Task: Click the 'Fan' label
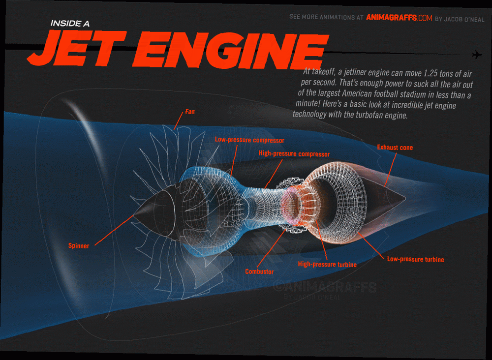coord(190,111)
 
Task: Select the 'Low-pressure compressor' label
coord(249,140)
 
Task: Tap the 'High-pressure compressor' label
coord(294,153)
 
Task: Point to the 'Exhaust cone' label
coord(395,148)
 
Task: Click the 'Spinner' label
coord(79,245)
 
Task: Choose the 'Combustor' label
coord(259,271)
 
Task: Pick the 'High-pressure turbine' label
coord(327,265)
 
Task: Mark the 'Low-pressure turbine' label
coord(415,259)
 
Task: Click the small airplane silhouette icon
coord(477,55)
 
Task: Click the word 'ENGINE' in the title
coord(231,50)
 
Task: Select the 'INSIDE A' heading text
coord(70,24)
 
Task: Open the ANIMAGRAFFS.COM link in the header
coord(399,18)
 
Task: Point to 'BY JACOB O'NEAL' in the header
coord(460,19)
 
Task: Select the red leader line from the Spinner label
coord(114,230)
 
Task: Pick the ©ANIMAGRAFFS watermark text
coord(325,287)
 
